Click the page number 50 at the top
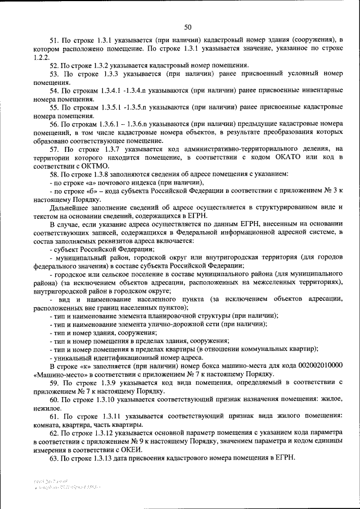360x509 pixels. pos(188,26)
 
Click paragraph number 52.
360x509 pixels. pos(54,65)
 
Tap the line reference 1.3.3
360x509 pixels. pos(113,74)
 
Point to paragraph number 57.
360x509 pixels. pos(54,148)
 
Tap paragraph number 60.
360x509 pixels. pos(54,398)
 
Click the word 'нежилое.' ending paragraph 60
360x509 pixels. pos(48,407)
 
